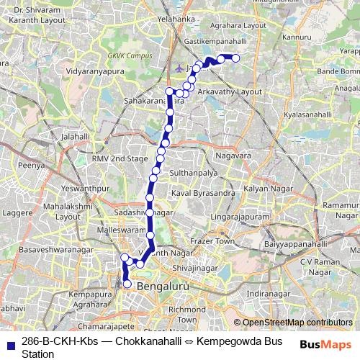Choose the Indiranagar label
pyautogui.click(x=288, y=294)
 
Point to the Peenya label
pyautogui.click(x=32, y=165)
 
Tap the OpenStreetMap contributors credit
pyautogui.click(x=297, y=323)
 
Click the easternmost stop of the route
pyautogui.click(x=235, y=58)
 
